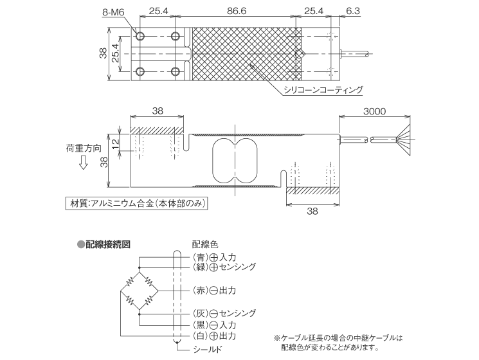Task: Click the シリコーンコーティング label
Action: [324, 90]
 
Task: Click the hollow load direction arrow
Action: [84, 164]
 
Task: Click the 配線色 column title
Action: [205, 244]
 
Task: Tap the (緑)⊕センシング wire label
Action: [224, 266]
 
